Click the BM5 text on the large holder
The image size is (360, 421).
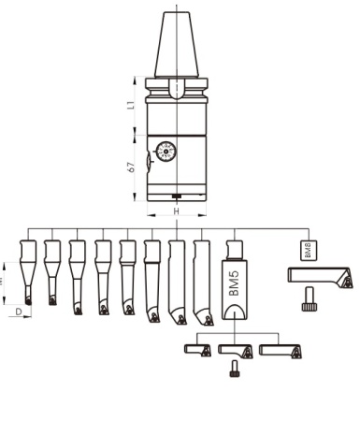point(233,285)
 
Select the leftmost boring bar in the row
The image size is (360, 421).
point(27,271)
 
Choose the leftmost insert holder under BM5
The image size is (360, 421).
point(198,350)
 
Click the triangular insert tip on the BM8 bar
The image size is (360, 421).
point(345,280)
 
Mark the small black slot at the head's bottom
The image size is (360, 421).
point(176,196)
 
